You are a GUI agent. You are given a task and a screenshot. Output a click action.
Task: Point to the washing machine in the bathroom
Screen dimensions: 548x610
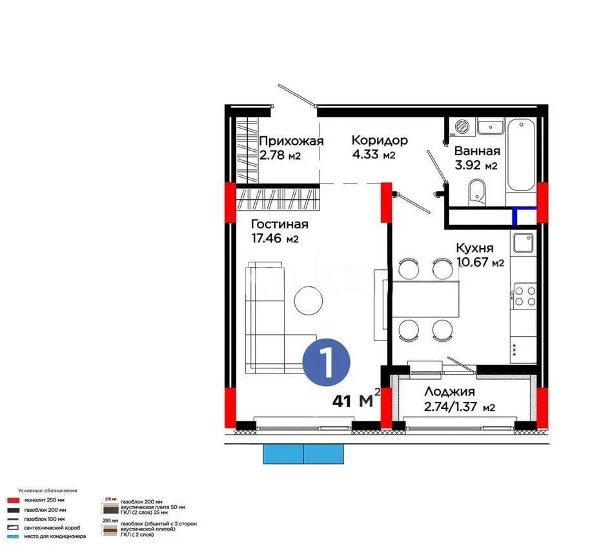coord(462,127)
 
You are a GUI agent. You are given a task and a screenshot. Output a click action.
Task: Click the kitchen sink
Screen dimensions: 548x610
coord(522,243)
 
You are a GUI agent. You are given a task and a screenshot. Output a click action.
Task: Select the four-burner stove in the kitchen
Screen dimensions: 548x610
coord(524,296)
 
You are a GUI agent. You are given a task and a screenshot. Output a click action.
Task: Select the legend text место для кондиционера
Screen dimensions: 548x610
coord(55,536)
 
